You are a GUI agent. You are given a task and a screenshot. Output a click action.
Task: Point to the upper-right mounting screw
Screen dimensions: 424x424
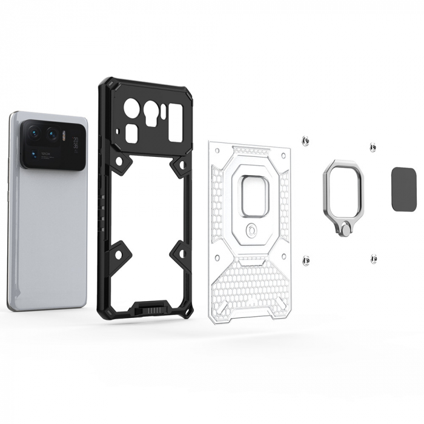pyautogui.click(x=373, y=147)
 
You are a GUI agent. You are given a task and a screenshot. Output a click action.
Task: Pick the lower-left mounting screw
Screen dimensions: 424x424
pyautogui.click(x=306, y=261)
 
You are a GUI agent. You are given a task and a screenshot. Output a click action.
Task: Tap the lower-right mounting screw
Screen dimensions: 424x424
pyautogui.click(x=373, y=259)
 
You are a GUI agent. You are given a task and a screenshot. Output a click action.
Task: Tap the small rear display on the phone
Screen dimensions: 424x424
pyautogui.click(x=75, y=144)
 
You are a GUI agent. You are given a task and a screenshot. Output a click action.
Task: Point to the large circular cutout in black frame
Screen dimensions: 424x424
pyautogui.click(x=131, y=110)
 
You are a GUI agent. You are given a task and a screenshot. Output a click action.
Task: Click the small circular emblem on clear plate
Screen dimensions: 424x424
pyautogui.click(x=251, y=231)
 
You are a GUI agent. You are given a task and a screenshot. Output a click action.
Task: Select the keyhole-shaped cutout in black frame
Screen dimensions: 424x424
pyautogui.click(x=152, y=115)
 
